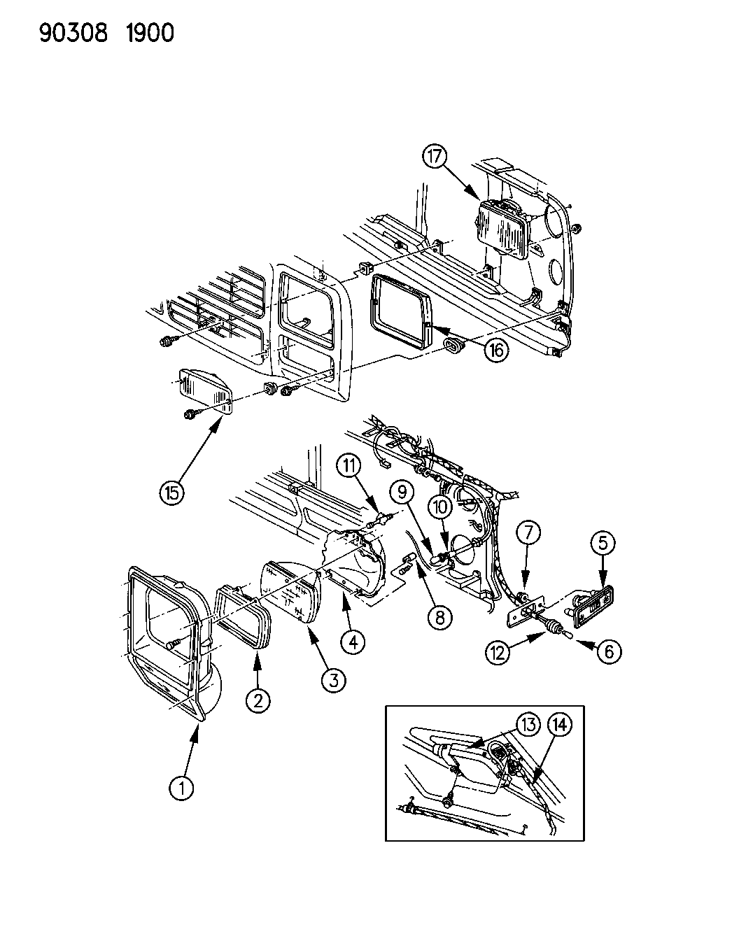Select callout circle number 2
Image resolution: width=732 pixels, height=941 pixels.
pos(258,700)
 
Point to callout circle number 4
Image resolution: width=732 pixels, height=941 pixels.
pos(353,641)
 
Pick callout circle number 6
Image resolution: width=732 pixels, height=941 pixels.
pos(608,651)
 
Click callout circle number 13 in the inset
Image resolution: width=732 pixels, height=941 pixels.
pos(528,725)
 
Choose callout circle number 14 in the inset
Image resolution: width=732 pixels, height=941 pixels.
pos(561,726)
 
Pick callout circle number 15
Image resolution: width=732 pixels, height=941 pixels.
pos(172,492)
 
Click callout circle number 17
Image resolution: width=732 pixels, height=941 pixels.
pos(434,157)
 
